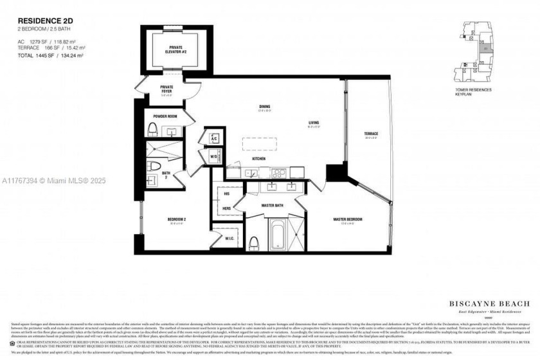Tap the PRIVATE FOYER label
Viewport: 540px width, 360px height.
tap(166, 89)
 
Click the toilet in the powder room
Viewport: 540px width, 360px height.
tap(152, 129)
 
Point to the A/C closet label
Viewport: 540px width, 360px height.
tap(213, 138)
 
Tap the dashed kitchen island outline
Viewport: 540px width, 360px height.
tap(262, 143)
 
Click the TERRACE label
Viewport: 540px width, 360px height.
tap(372, 134)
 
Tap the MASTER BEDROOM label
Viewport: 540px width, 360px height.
tap(347, 219)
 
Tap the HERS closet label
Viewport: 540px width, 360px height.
tap(227, 208)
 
